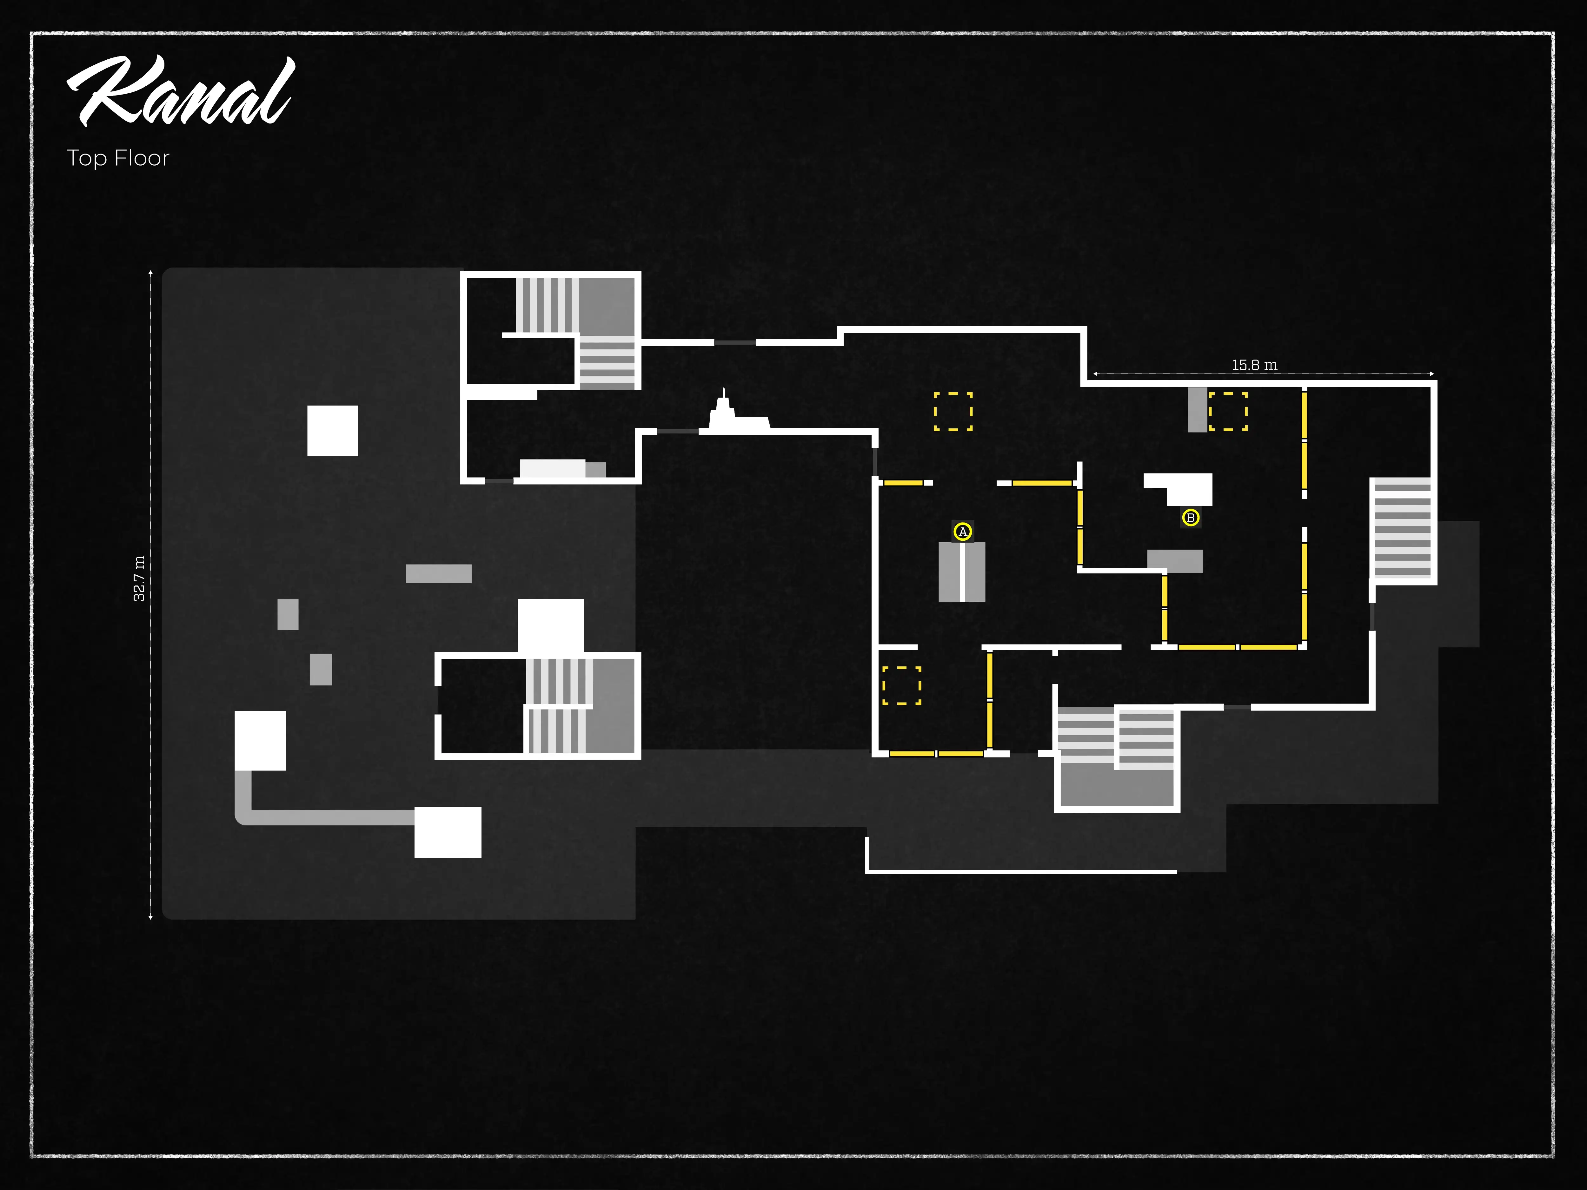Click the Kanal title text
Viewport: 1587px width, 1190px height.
181,92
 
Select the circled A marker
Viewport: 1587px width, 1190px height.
962,532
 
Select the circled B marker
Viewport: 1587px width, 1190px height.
1190,517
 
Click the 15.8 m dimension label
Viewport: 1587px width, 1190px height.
1254,365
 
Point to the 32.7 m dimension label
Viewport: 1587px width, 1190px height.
139,578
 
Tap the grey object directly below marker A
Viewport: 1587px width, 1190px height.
961,572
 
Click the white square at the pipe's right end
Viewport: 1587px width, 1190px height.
448,832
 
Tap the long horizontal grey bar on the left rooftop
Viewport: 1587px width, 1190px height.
438,574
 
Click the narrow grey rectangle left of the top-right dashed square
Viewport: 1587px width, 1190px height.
1197,410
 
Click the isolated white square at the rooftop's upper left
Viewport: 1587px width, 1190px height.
332,430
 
